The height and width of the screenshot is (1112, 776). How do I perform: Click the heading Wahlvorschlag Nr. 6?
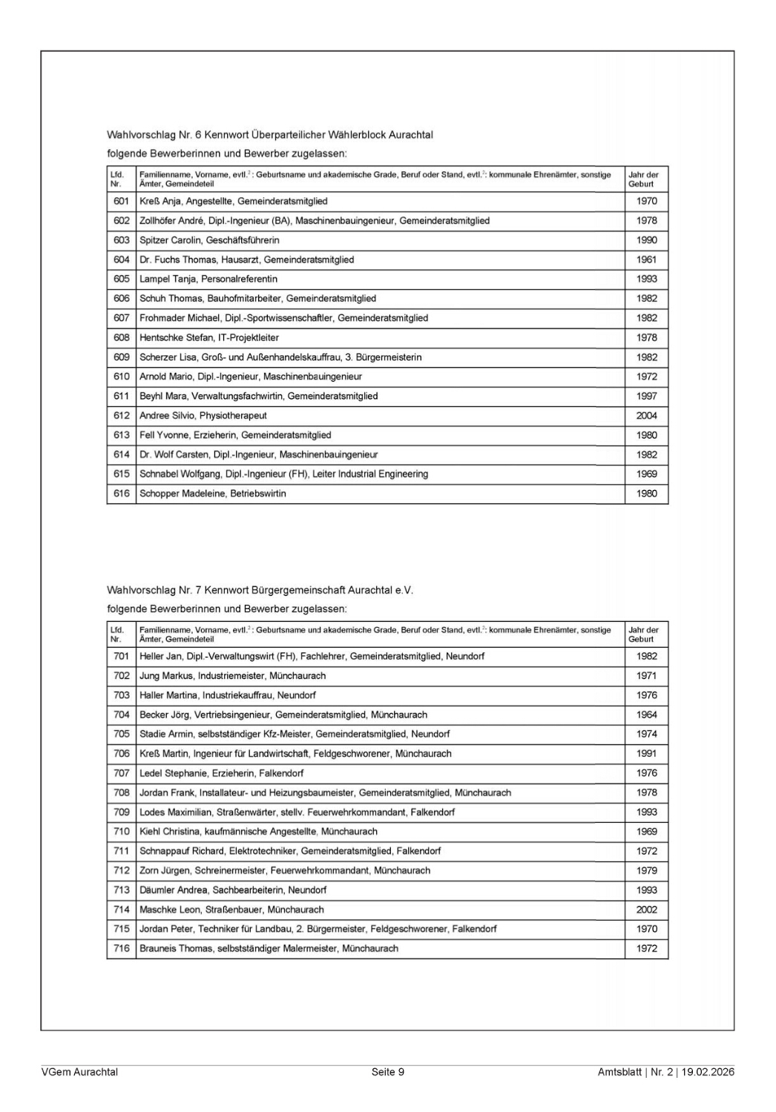coord(270,135)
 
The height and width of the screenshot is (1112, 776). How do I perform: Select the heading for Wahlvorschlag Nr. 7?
coord(260,590)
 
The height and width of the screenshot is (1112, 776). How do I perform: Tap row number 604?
coord(122,259)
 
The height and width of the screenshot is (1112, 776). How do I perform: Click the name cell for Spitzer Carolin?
coord(209,240)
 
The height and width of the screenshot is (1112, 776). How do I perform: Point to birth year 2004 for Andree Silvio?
coord(646,416)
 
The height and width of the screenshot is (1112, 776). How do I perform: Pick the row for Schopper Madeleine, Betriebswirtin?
coord(212,494)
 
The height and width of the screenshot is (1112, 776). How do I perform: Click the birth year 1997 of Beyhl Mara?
coord(646,396)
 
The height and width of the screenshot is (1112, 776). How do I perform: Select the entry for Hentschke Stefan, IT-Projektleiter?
coord(209,337)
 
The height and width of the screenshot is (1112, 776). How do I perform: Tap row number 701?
coord(122,656)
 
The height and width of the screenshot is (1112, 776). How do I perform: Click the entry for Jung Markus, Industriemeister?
coord(232,675)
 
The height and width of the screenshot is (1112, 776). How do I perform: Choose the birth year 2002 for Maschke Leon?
coord(646,910)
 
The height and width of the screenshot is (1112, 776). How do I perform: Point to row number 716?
coord(122,948)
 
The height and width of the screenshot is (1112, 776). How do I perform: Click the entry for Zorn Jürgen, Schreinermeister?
coord(284,870)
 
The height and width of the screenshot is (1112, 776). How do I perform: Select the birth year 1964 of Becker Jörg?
coord(646,715)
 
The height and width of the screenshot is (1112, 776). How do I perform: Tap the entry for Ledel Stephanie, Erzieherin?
coord(221,773)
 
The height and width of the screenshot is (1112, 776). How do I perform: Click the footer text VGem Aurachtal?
coord(79,1072)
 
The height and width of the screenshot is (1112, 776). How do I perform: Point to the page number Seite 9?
coord(388,1072)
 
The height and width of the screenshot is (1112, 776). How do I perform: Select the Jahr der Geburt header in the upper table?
coord(643,179)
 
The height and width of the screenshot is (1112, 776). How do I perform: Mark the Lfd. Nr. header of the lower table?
coord(117,634)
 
